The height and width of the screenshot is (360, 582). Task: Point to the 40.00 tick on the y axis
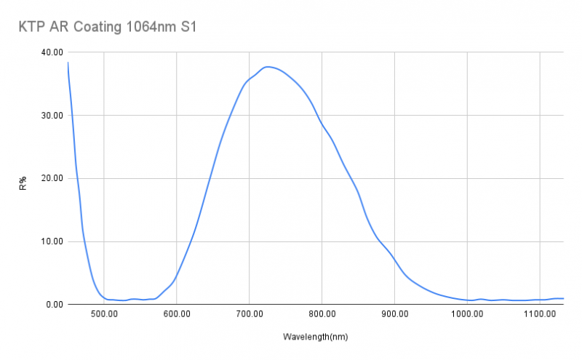(x=52, y=52)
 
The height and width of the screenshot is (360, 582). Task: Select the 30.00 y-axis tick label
(x=52, y=116)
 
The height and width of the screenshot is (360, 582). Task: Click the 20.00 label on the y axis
(x=52, y=178)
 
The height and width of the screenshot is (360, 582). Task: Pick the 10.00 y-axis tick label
(x=52, y=241)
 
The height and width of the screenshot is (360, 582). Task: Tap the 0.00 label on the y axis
(x=55, y=305)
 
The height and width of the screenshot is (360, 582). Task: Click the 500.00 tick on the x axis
(x=104, y=314)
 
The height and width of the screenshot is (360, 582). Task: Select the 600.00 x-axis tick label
(x=177, y=314)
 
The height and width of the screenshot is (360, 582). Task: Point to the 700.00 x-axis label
(x=249, y=314)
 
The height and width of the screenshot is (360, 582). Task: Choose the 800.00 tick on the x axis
(x=322, y=314)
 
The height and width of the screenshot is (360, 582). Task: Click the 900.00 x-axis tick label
(x=394, y=314)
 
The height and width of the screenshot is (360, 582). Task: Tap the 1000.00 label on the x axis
(x=466, y=314)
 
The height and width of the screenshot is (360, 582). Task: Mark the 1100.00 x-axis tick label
(x=539, y=314)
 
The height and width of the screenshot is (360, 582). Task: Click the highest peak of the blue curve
(x=268, y=67)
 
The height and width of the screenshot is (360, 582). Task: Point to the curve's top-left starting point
(x=68, y=63)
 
